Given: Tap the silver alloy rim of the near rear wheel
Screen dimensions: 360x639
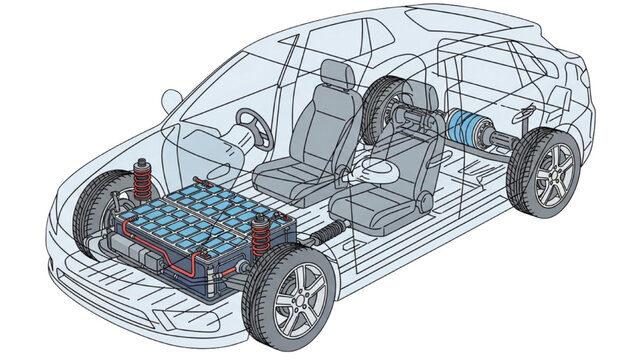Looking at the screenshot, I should [545, 174].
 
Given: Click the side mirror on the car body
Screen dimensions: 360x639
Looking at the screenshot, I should [170, 101].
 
